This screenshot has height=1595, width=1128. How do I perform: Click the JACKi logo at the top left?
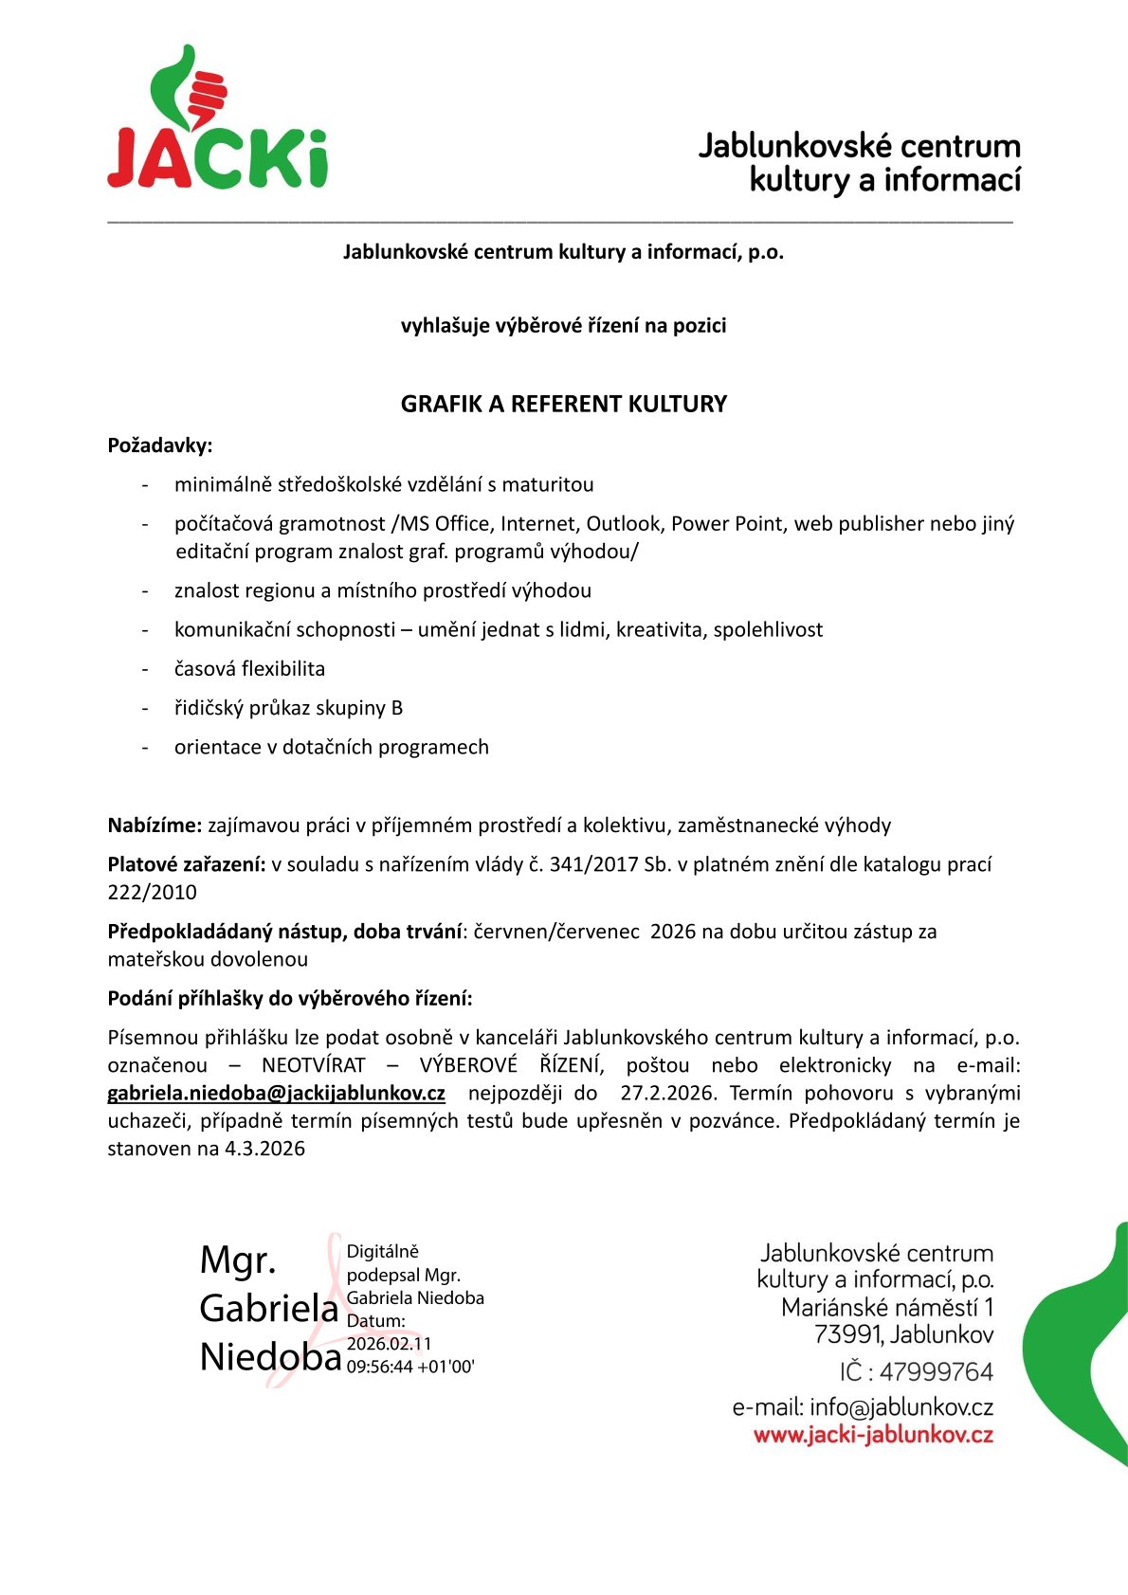pyautogui.click(x=217, y=118)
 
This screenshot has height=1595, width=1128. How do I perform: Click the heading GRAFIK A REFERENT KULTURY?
pyautogui.click(x=563, y=405)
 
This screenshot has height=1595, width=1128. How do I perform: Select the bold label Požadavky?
pyautogui.click(x=159, y=445)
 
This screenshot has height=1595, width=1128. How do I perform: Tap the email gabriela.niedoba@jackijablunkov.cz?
pyautogui.click(x=276, y=1094)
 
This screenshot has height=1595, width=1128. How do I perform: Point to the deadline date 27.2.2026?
pyautogui.click(x=667, y=1094)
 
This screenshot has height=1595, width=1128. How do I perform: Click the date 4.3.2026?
pyautogui.click(x=264, y=1150)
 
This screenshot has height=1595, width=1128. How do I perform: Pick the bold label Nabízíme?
pyautogui.click(x=155, y=825)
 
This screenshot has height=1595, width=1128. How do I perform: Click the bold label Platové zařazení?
pyautogui.click(x=187, y=864)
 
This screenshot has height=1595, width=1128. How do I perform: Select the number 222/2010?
pyautogui.click(x=152, y=893)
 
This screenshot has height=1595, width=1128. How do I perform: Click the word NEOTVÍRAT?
pyautogui.click(x=314, y=1065)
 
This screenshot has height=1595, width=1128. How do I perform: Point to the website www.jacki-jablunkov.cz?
pyautogui.click(x=873, y=1435)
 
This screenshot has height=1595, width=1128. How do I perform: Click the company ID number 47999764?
pyautogui.click(x=936, y=1372)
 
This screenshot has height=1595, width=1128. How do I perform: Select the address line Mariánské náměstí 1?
pyautogui.click(x=887, y=1309)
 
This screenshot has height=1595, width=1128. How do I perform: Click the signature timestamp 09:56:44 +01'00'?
pyautogui.click(x=410, y=1368)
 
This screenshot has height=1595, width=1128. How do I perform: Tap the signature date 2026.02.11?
pyautogui.click(x=389, y=1344)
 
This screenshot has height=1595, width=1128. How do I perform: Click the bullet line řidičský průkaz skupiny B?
pyautogui.click(x=288, y=708)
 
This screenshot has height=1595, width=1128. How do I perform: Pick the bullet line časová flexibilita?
pyautogui.click(x=249, y=669)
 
